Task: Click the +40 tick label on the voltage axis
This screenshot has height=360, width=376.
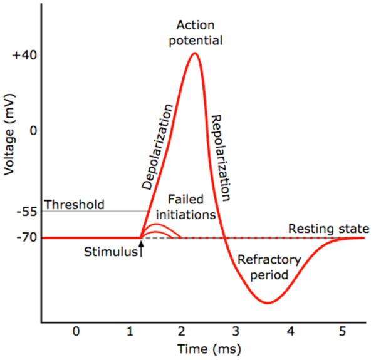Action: [24, 55]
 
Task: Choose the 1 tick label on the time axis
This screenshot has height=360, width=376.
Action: [129, 329]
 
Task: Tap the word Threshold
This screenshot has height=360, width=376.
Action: [74, 205]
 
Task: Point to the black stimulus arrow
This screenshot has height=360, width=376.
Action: [142, 249]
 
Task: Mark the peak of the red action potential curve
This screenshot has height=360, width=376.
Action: [195, 53]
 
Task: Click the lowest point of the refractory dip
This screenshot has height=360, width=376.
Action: [268, 303]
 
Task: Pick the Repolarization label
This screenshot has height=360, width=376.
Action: [221, 157]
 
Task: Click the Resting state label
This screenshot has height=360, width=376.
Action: [328, 229]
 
